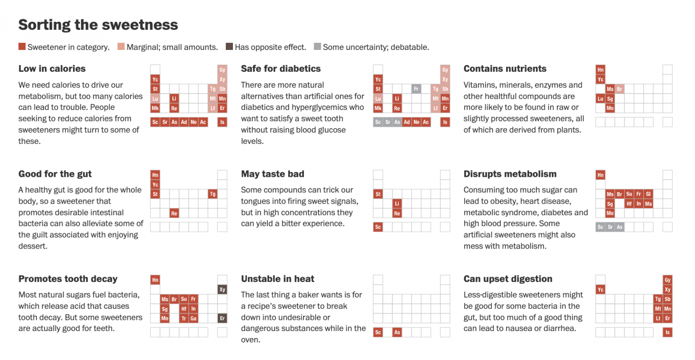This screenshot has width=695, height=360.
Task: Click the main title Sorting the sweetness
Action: click(98, 25)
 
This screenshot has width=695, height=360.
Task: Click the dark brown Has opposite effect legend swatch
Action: click(229, 47)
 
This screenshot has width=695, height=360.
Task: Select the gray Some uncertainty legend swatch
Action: click(317, 47)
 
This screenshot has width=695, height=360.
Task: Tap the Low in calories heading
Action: click(52, 69)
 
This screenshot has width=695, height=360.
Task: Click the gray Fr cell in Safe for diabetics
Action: click(416, 89)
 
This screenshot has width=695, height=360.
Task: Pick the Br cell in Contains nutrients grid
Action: click(619, 89)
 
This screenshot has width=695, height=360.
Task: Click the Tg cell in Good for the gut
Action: click(213, 194)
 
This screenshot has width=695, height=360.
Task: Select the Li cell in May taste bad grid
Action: click(397, 204)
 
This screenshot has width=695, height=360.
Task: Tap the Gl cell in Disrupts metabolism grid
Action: click(648, 194)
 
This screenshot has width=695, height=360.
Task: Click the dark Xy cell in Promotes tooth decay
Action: click(222, 290)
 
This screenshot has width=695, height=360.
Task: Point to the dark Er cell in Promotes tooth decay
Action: click(222, 318)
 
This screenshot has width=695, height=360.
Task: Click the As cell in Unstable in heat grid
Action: click(397, 332)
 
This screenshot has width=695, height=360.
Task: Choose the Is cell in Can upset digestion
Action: click(667, 332)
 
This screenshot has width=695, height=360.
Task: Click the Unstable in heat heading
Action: click(278, 279)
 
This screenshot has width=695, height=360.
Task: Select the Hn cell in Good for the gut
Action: click(155, 175)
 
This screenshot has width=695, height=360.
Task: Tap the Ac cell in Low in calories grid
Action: click(203, 122)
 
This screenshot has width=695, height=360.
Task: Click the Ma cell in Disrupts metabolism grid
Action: click(648, 204)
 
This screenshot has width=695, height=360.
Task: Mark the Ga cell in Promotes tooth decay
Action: click(193, 318)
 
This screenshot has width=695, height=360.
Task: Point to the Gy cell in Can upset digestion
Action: click(667, 280)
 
